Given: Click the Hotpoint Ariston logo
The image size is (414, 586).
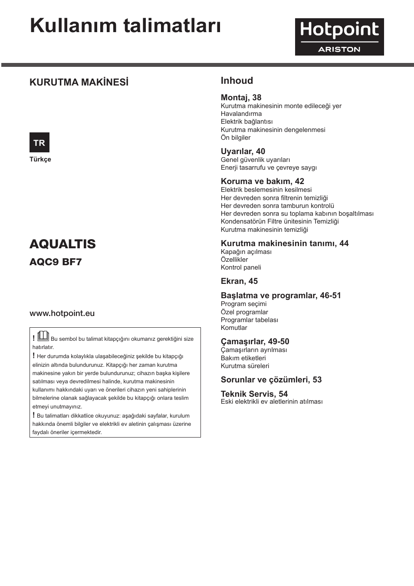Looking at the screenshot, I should coord(339,37).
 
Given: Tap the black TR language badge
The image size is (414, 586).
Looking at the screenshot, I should coord(39,142).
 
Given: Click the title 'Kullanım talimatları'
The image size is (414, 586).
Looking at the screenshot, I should coord(125,26).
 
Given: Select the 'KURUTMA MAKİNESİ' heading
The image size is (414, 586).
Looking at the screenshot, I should coord(79,82).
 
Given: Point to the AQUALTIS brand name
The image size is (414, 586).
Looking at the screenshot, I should coord(62,244).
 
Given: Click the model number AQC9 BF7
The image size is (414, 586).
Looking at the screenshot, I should coord(56,262).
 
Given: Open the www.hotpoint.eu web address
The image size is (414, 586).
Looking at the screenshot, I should coord(62,313).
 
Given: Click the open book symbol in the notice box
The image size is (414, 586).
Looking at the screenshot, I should coord(43,336).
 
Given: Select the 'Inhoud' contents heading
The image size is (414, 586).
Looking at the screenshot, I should coord(237,81).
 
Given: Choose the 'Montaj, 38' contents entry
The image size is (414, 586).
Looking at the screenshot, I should coord(241,98).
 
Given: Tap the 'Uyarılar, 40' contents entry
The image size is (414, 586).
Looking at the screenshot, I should coord(243,151).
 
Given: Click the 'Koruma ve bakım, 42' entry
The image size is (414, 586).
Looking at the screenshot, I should coord(262,181).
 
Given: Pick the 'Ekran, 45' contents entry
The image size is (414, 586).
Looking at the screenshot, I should coord(239,281).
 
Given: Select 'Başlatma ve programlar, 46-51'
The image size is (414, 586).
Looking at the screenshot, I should coord(281,296).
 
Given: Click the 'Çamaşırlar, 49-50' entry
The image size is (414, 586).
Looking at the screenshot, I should coord(255,342).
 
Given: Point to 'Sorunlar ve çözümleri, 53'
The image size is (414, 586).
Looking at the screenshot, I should coord(271,380).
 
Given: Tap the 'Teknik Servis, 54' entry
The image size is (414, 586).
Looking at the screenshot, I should coord(254,394).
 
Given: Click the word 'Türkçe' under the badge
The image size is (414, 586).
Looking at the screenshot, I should coord(40,159).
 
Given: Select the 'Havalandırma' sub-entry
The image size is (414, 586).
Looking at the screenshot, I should coord(241,114).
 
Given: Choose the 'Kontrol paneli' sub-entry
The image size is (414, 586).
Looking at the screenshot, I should coord(241,267).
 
